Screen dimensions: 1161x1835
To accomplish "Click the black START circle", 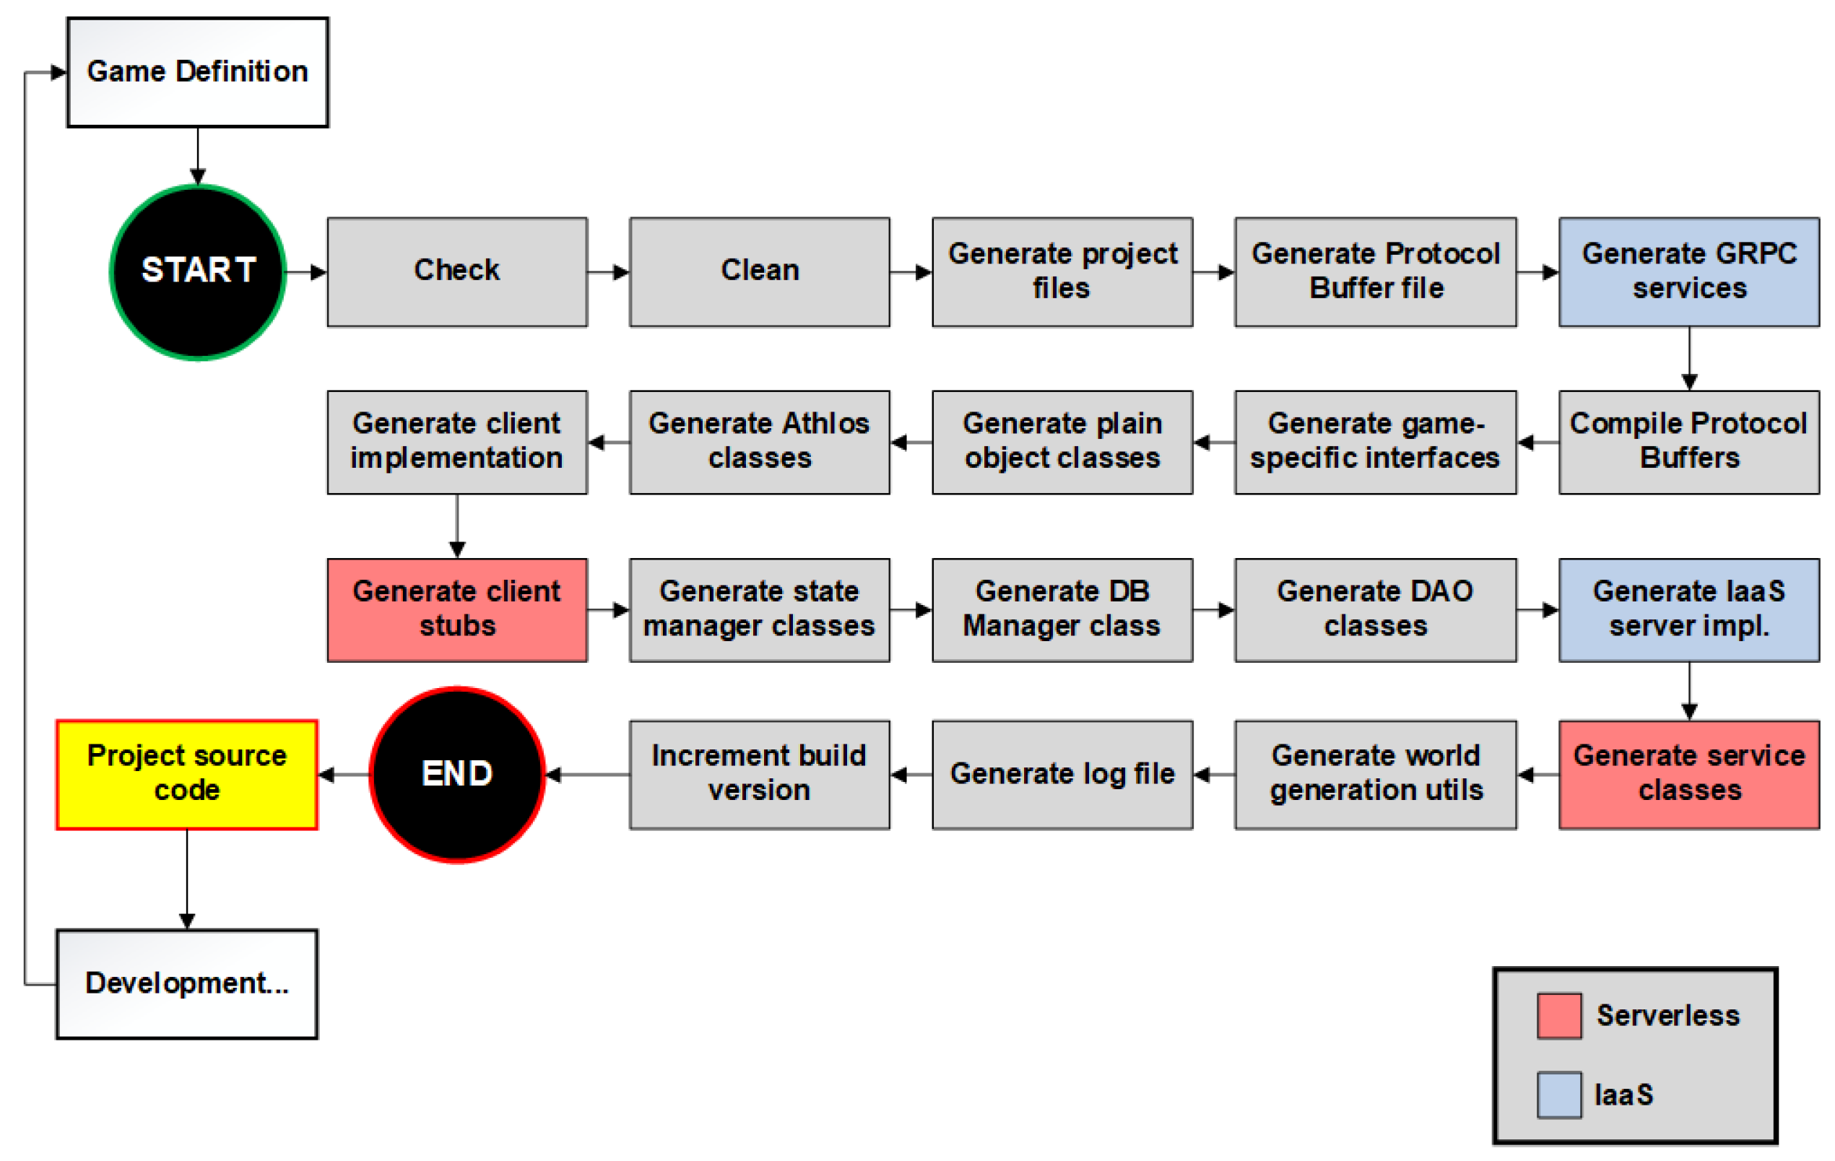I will (x=198, y=272).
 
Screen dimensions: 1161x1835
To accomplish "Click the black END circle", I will (x=457, y=774).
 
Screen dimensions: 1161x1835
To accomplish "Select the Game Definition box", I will (x=197, y=72).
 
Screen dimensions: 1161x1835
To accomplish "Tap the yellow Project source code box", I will (x=187, y=774).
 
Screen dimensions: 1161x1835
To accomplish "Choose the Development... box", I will (x=187, y=983).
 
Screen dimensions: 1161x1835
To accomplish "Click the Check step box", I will (x=457, y=272).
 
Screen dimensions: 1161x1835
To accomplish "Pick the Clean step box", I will (x=759, y=272).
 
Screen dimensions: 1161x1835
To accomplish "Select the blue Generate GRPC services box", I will (x=1688, y=272).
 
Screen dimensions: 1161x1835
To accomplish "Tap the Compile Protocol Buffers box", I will (x=1688, y=442).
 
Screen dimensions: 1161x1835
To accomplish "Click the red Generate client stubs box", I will (x=457, y=609).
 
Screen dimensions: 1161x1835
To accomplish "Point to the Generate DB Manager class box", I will (x=1062, y=609).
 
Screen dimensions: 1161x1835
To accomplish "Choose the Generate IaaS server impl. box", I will (x=1688, y=609).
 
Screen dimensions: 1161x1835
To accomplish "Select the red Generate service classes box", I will (x=1688, y=774).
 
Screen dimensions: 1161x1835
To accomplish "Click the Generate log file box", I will (x=1062, y=774).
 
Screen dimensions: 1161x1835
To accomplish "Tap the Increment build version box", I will (x=759, y=774).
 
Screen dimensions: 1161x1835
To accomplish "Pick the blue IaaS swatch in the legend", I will (x=1559, y=1095).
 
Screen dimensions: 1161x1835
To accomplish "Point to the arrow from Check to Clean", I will (x=608, y=272).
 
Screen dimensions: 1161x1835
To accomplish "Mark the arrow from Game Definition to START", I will (x=198, y=156).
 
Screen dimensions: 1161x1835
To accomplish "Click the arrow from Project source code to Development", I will (x=187, y=879).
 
